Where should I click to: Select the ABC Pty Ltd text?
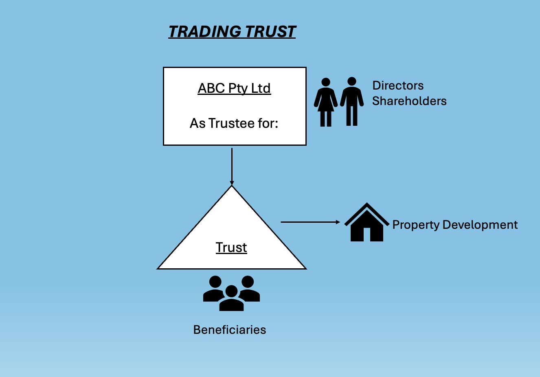click(x=234, y=88)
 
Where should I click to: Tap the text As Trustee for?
click(x=234, y=123)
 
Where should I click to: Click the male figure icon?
click(x=352, y=102)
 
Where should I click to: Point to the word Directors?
click(x=398, y=85)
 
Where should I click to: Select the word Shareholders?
click(x=409, y=101)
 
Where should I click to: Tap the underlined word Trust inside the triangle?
click(x=231, y=248)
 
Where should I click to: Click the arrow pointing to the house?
click(x=310, y=222)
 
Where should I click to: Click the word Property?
click(x=416, y=225)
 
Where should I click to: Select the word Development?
click(x=480, y=225)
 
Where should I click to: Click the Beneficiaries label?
click(x=230, y=330)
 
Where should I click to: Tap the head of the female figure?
click(x=325, y=82)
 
